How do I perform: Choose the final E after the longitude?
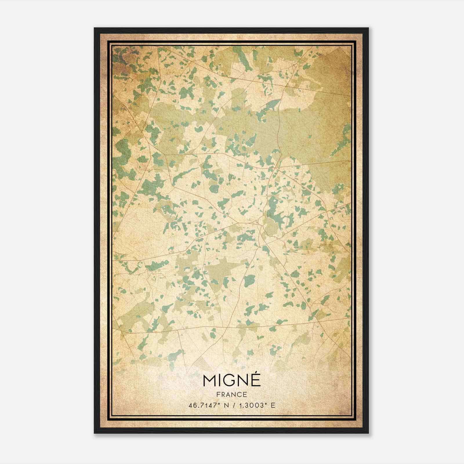tap(272, 405)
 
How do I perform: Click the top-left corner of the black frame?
tap(95, 28)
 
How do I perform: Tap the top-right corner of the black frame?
tap(368, 28)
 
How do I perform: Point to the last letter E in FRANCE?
tap(245, 395)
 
